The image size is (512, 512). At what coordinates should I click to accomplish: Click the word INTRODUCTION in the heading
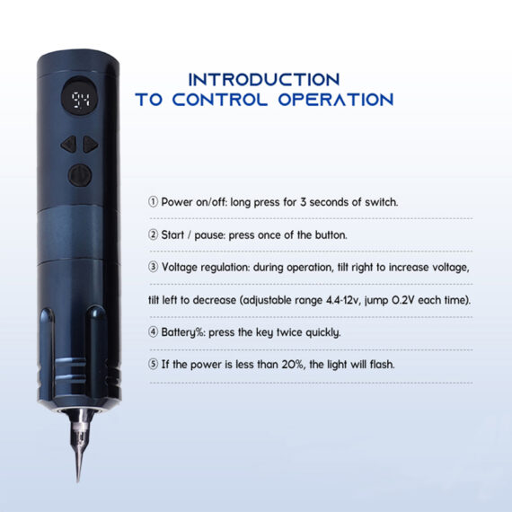coord(263,79)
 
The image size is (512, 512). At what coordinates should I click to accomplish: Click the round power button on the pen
coord(77,174)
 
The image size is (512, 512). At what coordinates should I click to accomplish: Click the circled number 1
coord(154,202)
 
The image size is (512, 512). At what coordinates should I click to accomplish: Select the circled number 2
coord(154,234)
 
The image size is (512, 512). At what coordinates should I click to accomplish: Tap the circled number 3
coord(154,267)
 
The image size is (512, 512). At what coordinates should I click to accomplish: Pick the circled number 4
coord(154,331)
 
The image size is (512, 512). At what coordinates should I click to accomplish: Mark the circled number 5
coord(154,365)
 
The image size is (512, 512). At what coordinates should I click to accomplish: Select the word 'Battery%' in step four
coord(183,331)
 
